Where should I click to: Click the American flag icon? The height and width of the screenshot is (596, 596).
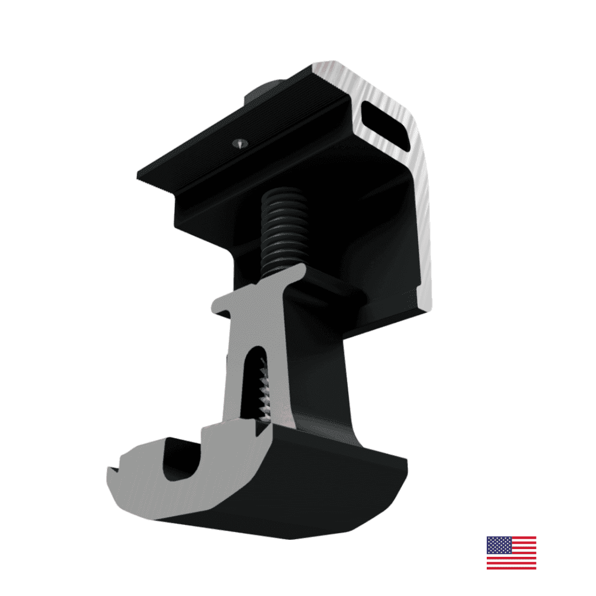pos(511,552)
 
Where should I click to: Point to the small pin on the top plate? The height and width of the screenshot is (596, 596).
pos(239,143)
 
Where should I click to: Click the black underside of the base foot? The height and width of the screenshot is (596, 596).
pos(287,513)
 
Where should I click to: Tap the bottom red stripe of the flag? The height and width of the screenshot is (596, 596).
pos(511,567)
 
